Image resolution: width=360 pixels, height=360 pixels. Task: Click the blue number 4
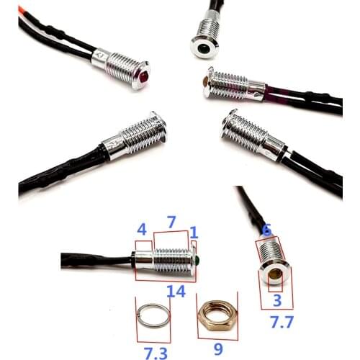click(142, 231)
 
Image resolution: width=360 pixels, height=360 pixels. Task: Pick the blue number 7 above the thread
click(171, 222)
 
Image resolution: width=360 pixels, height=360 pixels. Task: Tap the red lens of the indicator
click(145, 73)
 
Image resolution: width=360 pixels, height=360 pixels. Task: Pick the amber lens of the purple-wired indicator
click(207, 84)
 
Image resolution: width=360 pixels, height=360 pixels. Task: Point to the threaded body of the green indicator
click(171, 256)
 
